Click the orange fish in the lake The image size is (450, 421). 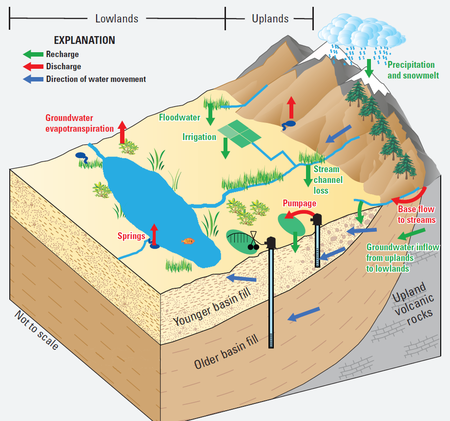(188, 241)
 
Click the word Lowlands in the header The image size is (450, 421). (117, 19)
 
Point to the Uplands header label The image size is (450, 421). (270, 19)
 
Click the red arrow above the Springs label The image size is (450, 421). (154, 233)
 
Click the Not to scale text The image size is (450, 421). (37, 330)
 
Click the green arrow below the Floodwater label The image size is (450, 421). (211, 114)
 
